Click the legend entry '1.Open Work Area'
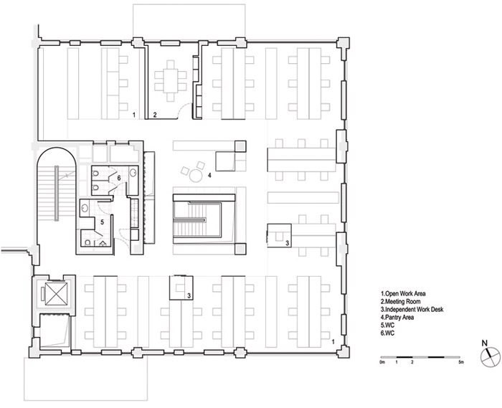403,293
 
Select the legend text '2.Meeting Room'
400,301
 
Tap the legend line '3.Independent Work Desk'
412,310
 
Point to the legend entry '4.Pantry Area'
397,318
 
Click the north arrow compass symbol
490,356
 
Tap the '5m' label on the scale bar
460,363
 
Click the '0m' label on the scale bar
382,363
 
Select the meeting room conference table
171,81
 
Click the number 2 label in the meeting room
155,115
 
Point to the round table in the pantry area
195,176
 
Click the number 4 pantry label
209,176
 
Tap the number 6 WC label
119,178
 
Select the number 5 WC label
102,222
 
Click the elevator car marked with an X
57,294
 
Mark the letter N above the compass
485,343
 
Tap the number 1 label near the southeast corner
333,342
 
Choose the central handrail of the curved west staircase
57,193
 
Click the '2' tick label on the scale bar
412,363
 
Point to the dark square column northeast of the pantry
241,146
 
